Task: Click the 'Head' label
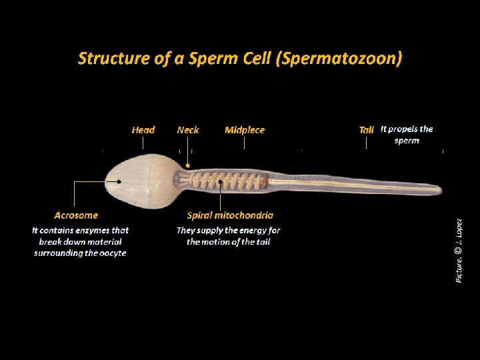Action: (143, 130)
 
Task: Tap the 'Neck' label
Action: (188, 130)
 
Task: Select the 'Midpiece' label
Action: (245, 130)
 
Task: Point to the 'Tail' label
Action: (367, 130)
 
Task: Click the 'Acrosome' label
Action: (76, 215)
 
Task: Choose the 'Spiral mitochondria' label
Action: (230, 215)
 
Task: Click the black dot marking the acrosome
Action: (119, 181)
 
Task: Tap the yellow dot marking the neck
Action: (188, 166)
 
